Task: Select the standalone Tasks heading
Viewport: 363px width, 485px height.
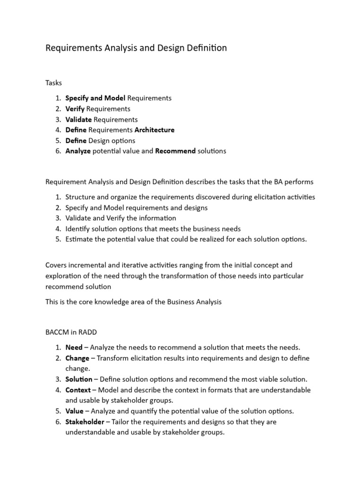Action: [53, 83]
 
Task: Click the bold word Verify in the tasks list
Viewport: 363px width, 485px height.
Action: [75, 109]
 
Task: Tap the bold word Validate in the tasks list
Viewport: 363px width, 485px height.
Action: [78, 119]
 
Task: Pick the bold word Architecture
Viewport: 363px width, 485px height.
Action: [155, 130]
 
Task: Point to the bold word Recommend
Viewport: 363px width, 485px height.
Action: [175, 151]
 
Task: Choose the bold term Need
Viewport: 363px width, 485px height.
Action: [74, 347]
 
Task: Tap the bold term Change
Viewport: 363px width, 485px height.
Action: [77, 358]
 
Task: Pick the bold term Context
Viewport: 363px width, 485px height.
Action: [78, 390]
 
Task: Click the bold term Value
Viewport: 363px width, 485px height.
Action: [74, 411]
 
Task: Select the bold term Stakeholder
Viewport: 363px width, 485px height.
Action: [85, 422]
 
